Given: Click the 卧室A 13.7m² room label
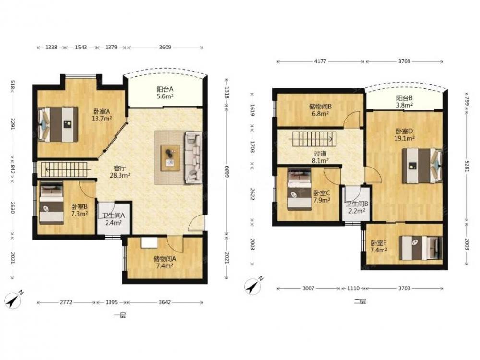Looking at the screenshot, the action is tap(101, 115).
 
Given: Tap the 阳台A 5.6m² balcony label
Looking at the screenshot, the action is tap(165, 93).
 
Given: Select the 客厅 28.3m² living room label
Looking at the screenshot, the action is tap(120, 171).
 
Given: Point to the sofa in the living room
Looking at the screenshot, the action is tap(193, 157).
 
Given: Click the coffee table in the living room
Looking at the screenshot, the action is tap(170, 158).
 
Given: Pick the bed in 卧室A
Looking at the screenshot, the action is tap(58, 124).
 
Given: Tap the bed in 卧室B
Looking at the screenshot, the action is tap(51, 203).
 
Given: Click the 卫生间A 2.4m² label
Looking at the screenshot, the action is tap(114, 219).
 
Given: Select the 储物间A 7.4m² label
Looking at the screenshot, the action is tap(165, 262).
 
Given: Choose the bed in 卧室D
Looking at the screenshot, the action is tap(422, 166).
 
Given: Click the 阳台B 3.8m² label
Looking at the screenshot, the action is tap(405, 101).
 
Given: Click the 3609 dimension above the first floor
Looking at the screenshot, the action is tap(165, 48).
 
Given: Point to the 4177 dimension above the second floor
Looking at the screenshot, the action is tap(320, 61).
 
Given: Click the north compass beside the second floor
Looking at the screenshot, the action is tap(253, 286).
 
